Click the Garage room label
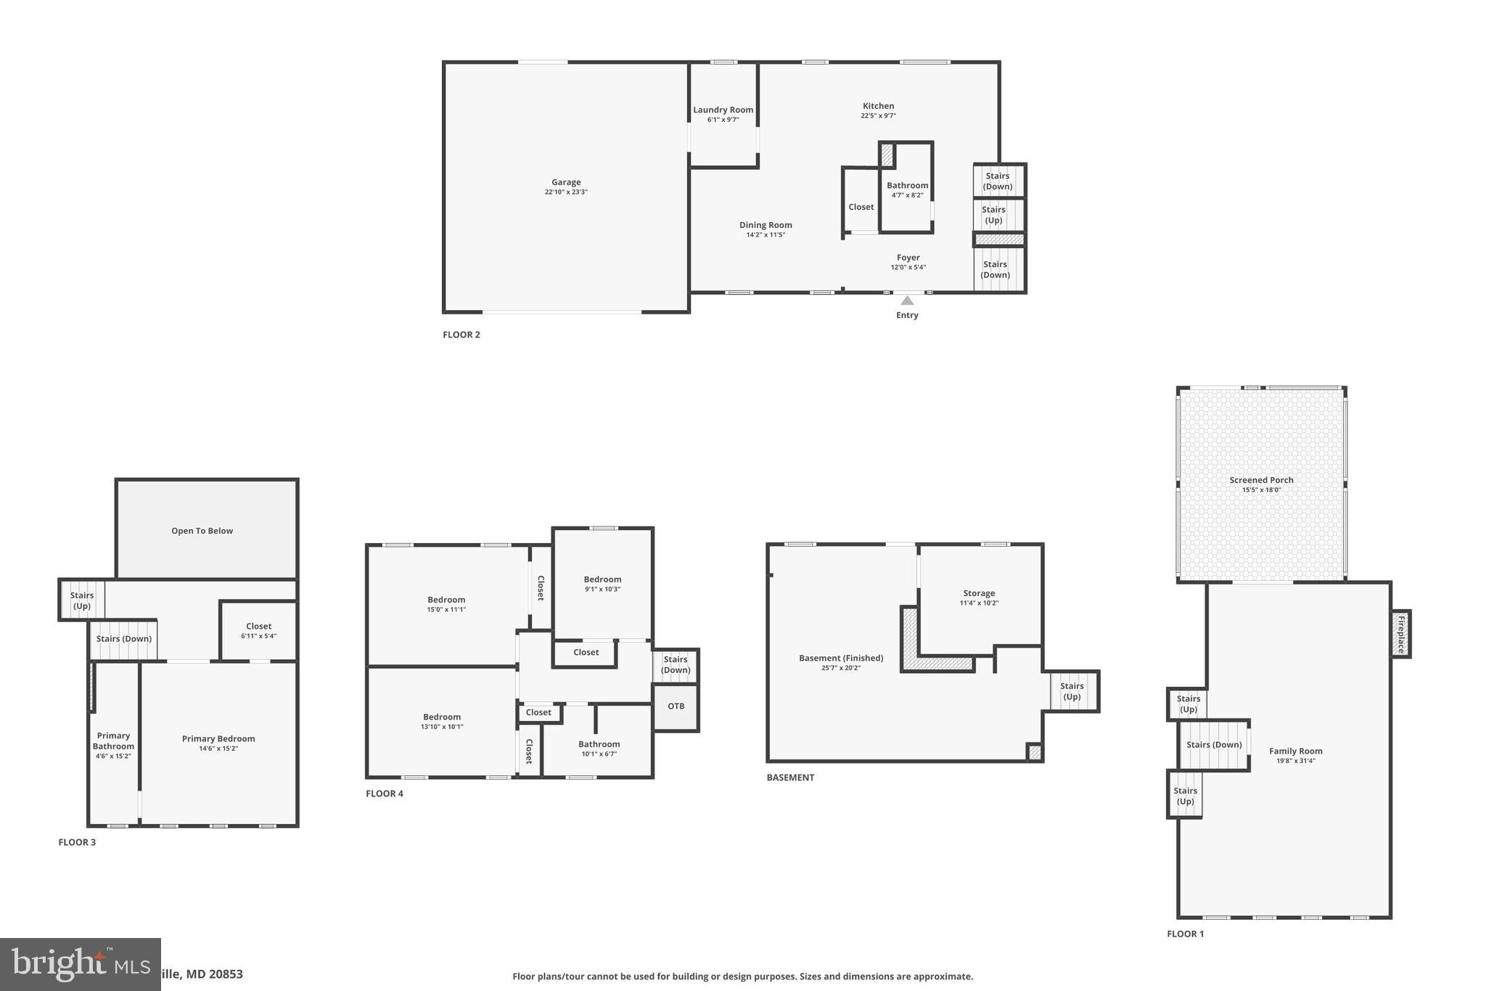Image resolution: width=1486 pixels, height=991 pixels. [x=566, y=183]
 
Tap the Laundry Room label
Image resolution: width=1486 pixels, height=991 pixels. [x=723, y=110]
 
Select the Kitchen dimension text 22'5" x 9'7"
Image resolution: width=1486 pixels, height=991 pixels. [x=878, y=116]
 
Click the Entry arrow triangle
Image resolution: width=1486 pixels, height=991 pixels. [x=907, y=301]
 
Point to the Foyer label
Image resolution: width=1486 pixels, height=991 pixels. [x=908, y=258]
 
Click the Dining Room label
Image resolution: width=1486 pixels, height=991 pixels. [x=765, y=225]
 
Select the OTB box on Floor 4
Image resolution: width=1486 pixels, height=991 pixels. [x=676, y=706]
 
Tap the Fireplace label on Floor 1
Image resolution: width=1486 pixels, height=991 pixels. [x=1401, y=634]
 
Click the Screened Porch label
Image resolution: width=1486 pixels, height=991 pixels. [x=1261, y=480]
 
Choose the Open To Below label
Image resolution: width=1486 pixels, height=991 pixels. [x=202, y=531]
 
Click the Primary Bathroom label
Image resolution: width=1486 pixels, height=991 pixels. [x=113, y=741]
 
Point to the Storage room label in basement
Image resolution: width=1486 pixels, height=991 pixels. [x=979, y=593]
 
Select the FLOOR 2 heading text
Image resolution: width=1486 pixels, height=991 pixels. [x=461, y=335]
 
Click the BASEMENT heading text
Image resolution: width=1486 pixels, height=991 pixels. [x=790, y=778]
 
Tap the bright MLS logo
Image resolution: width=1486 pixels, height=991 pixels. [x=80, y=964]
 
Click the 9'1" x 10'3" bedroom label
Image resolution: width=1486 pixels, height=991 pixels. [x=602, y=584]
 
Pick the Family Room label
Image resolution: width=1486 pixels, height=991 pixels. [x=1295, y=751]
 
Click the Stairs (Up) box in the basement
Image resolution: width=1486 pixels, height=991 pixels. [x=1072, y=691]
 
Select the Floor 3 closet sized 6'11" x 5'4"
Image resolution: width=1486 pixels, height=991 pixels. [x=258, y=630]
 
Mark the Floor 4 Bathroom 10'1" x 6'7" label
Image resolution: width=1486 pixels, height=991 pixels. [x=599, y=748]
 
